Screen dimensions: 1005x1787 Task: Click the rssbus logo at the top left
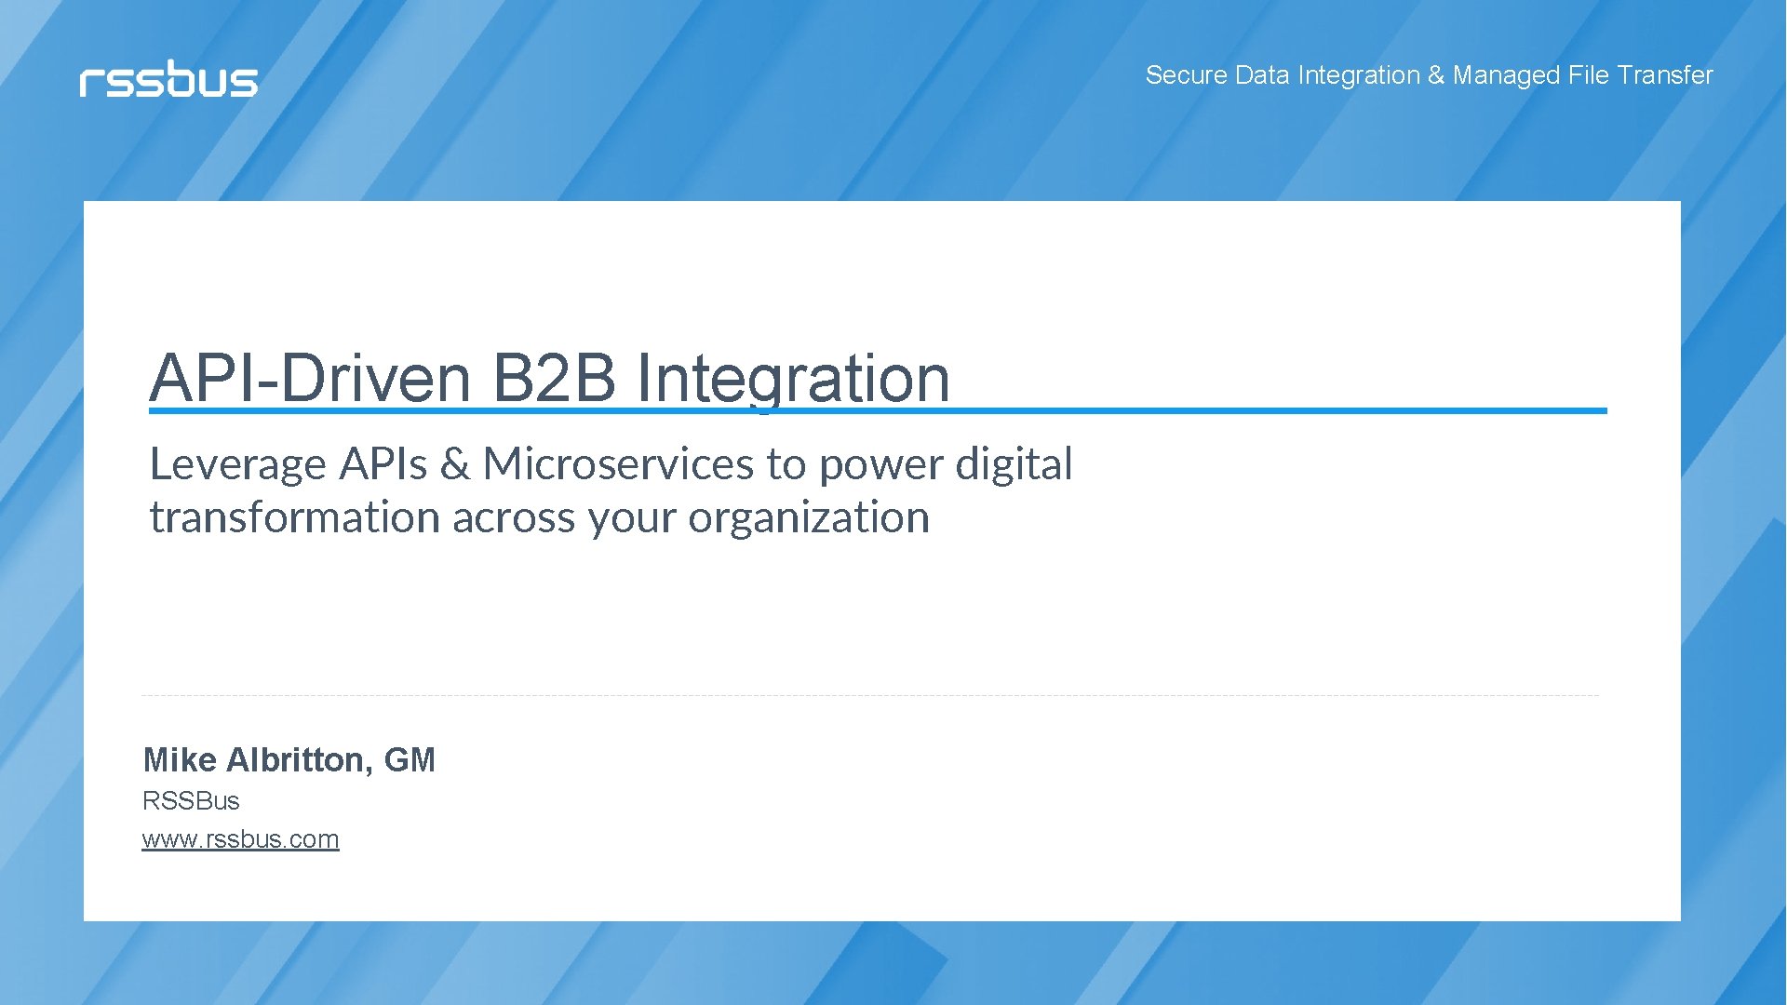pyautogui.click(x=168, y=80)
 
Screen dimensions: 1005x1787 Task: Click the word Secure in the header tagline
pyautogui.click(x=1186, y=75)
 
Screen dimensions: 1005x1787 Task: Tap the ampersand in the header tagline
pyautogui.click(x=1436, y=75)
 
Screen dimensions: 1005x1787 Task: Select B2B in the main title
pyautogui.click(x=553, y=379)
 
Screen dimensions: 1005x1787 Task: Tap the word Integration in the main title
pyautogui.click(x=793, y=379)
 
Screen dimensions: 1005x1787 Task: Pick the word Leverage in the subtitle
pyautogui.click(x=238, y=464)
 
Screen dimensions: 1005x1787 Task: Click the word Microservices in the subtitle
pyautogui.click(x=618, y=464)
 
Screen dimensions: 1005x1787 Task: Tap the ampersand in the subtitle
pyautogui.click(x=454, y=464)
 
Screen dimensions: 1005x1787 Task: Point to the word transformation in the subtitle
pyautogui.click(x=294, y=517)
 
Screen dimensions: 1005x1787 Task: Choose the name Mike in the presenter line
pyautogui.click(x=180, y=760)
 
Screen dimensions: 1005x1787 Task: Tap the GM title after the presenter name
pyautogui.click(x=410, y=760)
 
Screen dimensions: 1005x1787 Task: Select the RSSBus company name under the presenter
pyautogui.click(x=191, y=801)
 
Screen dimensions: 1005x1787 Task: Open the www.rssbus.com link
pyautogui.click(x=240, y=839)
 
